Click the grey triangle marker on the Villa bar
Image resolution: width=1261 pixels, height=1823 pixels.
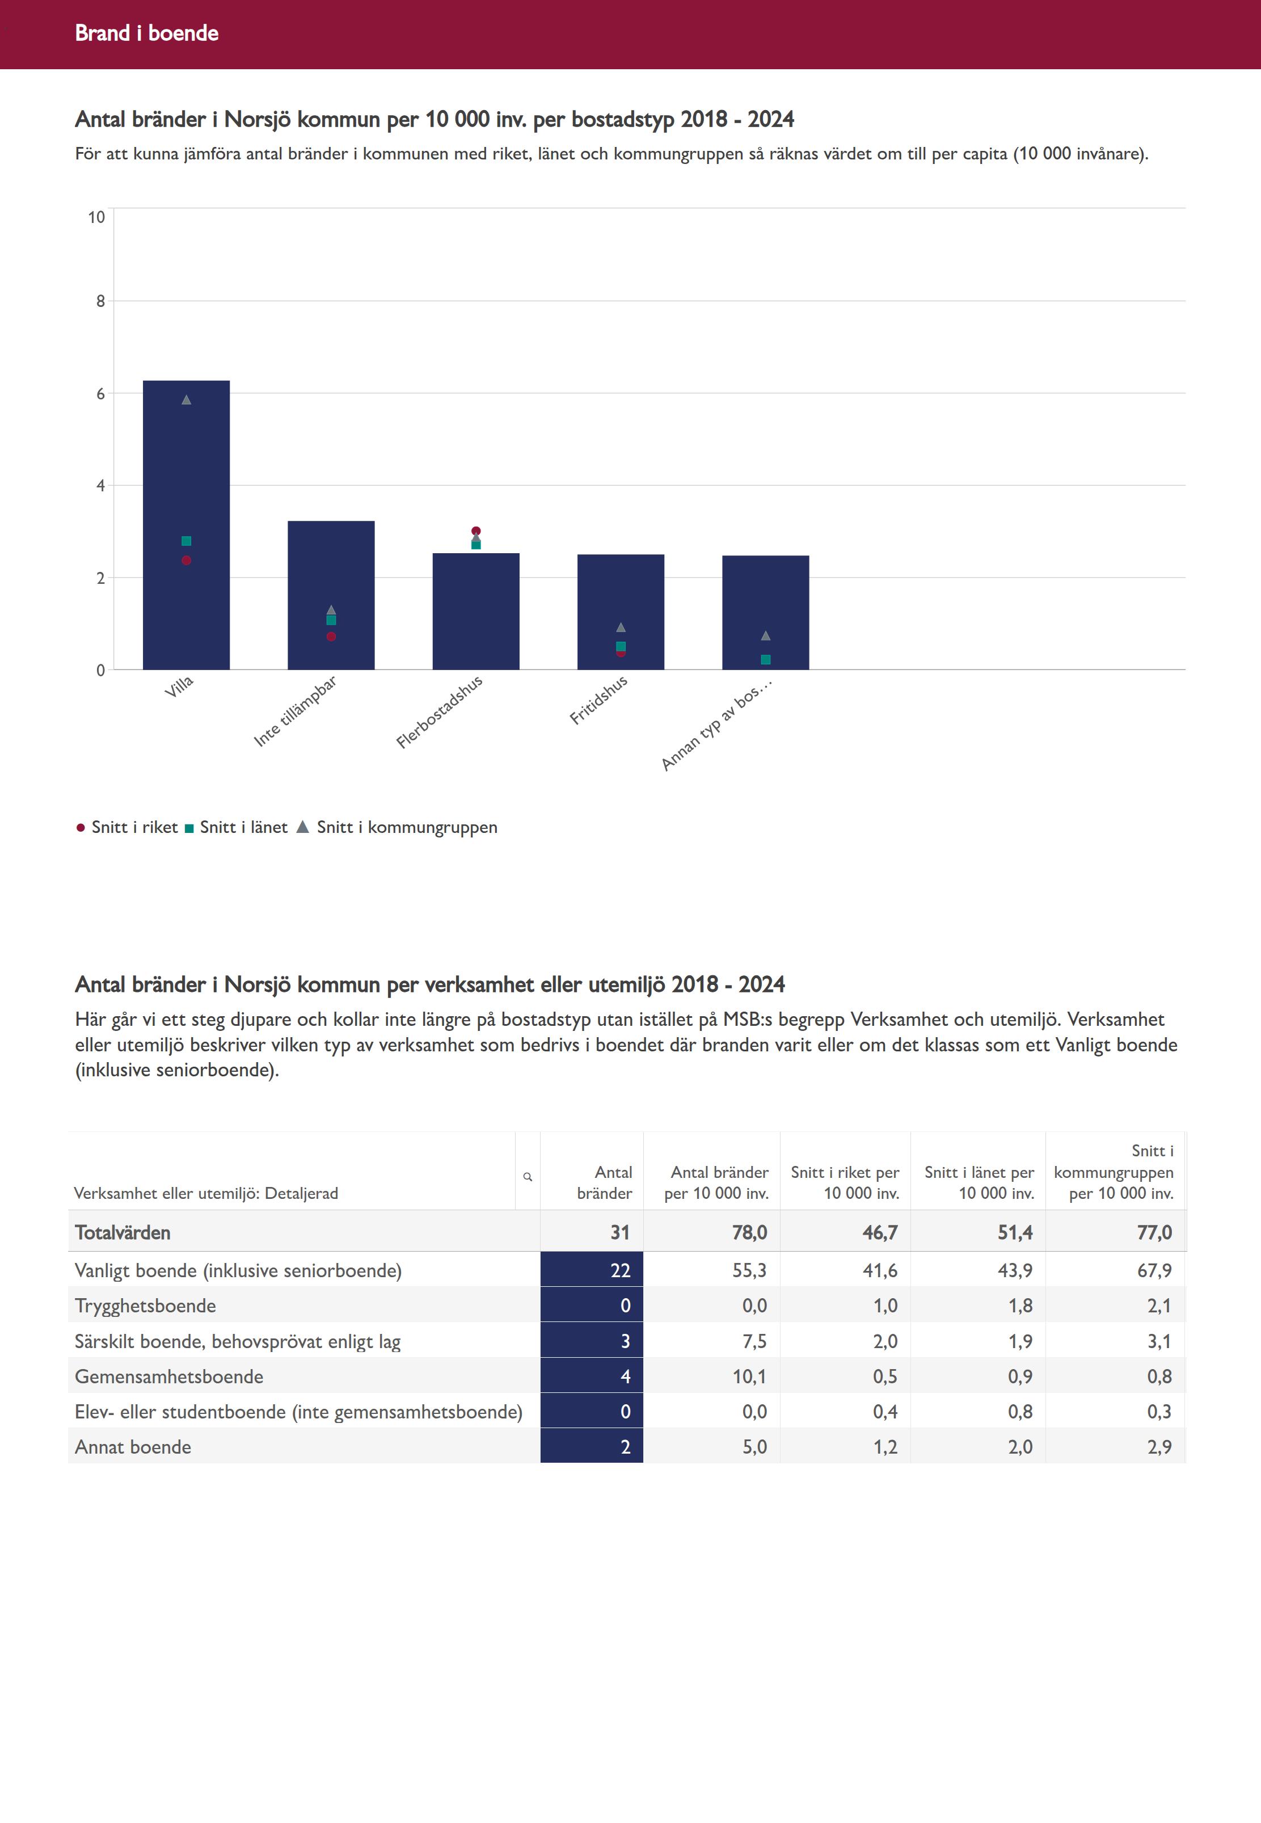point(187,400)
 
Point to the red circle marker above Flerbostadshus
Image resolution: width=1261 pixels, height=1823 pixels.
point(475,531)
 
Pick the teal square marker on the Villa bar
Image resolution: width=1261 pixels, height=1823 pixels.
point(187,541)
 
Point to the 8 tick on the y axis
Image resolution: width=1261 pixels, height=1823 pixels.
point(100,301)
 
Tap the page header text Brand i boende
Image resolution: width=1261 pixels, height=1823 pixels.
point(147,33)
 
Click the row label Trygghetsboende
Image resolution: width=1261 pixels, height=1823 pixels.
point(145,1306)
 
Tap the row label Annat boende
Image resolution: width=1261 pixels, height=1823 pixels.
point(133,1447)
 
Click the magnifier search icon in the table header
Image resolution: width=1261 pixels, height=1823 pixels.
point(528,1177)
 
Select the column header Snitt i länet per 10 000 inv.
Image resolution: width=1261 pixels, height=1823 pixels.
point(979,1183)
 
